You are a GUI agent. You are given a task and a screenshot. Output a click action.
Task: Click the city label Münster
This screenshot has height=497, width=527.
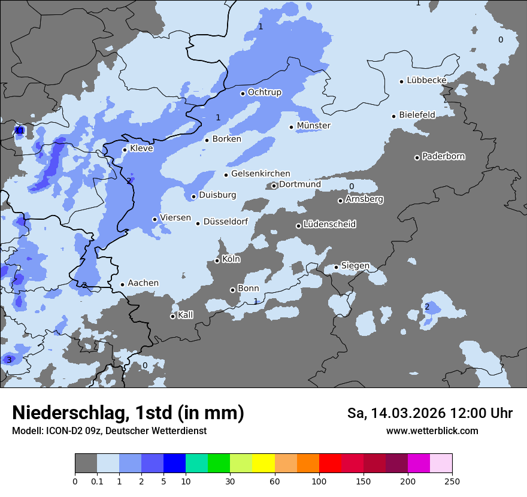[x=313, y=126]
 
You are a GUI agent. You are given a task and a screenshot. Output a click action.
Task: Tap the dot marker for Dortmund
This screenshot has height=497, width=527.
[x=274, y=186]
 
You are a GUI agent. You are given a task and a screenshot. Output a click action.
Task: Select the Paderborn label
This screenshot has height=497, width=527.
[x=443, y=157]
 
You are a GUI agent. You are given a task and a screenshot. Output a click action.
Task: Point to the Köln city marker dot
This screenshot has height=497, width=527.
[x=217, y=260]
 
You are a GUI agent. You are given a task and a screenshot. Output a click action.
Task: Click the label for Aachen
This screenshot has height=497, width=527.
[x=143, y=283]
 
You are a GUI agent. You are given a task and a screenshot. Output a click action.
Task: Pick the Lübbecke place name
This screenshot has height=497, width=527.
[x=426, y=80]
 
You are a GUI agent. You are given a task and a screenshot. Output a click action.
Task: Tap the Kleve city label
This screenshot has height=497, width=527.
[x=141, y=149]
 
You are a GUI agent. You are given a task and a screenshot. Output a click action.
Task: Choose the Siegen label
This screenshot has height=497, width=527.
[x=355, y=266]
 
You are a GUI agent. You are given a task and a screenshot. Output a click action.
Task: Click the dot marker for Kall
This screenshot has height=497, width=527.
[x=172, y=316]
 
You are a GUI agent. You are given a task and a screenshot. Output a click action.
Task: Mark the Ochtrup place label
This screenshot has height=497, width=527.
[x=264, y=92]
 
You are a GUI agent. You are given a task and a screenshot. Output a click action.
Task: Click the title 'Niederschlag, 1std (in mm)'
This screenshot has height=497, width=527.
[x=128, y=413]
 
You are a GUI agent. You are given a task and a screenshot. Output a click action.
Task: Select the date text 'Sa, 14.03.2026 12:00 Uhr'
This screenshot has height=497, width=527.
[x=430, y=413]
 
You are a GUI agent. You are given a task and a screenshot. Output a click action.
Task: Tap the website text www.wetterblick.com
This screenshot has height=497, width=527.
[x=432, y=431]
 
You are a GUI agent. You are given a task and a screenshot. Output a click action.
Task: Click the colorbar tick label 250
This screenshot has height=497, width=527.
[x=452, y=481]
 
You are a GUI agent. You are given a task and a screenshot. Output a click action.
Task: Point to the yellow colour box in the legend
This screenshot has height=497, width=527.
[x=263, y=463]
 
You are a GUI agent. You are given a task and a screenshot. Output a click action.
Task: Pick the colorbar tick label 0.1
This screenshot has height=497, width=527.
[x=96, y=481]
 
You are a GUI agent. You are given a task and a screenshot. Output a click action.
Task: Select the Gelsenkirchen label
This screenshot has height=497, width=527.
[x=261, y=174]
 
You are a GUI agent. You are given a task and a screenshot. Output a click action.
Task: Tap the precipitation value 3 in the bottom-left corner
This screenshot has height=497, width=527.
[x=9, y=360]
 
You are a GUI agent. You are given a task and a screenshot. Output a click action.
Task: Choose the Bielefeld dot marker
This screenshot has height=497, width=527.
[x=394, y=116]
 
